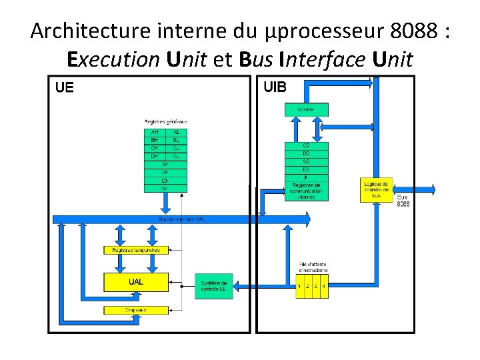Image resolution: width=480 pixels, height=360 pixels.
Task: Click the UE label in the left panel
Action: coord(65,87)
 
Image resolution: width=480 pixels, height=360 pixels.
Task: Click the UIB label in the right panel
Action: coord(275,87)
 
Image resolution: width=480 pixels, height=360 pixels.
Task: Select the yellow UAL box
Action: coord(135,282)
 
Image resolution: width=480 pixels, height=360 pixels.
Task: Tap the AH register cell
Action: coord(155,132)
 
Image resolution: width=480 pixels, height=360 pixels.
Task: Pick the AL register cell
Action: coord(176,132)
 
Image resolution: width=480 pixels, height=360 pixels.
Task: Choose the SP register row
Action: coord(165,164)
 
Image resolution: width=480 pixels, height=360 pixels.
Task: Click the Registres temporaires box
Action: coord(135,250)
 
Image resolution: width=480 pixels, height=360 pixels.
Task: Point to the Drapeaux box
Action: coord(135,310)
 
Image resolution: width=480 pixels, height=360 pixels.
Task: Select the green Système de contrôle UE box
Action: coord(213,286)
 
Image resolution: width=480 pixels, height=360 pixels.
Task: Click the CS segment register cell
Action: coord(306,145)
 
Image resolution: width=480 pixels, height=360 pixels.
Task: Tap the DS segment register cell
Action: coord(306,153)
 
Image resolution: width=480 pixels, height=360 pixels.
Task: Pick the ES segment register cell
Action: coord(306,169)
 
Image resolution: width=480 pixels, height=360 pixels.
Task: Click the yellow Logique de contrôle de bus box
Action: coord(377,189)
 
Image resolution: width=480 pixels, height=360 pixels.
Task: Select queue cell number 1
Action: coord(300,286)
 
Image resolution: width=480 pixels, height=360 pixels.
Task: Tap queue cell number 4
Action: coord(323,286)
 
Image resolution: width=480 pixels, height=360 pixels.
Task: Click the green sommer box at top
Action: coord(306,108)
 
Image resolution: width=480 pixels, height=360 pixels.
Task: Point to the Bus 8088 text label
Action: coord(403,200)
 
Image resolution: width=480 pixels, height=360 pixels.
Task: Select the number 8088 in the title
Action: coord(415,31)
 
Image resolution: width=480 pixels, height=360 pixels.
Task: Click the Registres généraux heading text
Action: coord(166,121)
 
